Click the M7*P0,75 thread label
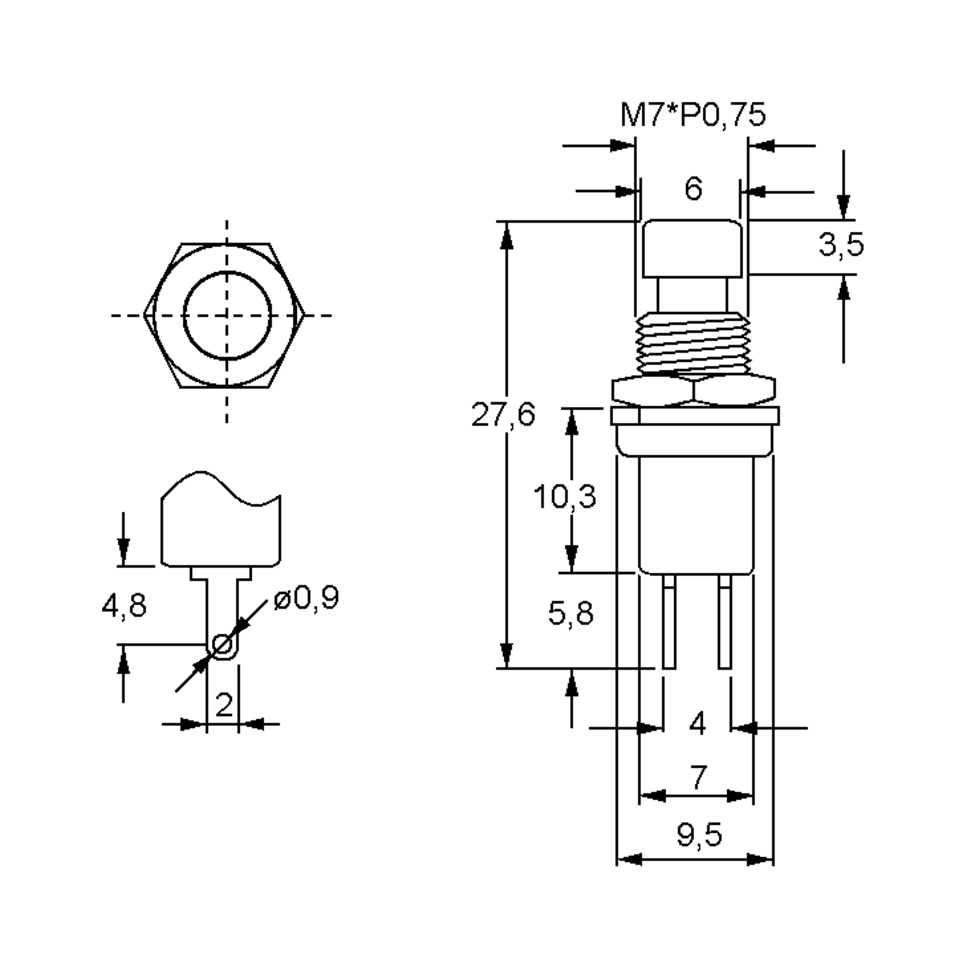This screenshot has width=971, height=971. [x=693, y=115]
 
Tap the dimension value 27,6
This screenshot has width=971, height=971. [x=502, y=415]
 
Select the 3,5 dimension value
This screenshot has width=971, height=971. [x=841, y=245]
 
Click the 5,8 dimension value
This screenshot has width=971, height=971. [x=570, y=614]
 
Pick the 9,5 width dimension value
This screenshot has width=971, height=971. [x=699, y=835]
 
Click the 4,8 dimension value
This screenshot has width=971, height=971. [x=124, y=606]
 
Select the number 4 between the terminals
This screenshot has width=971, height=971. [x=698, y=724]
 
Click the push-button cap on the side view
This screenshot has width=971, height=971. [x=693, y=249]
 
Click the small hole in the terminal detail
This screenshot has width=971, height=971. [x=222, y=645]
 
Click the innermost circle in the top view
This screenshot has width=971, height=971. [x=227, y=316]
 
